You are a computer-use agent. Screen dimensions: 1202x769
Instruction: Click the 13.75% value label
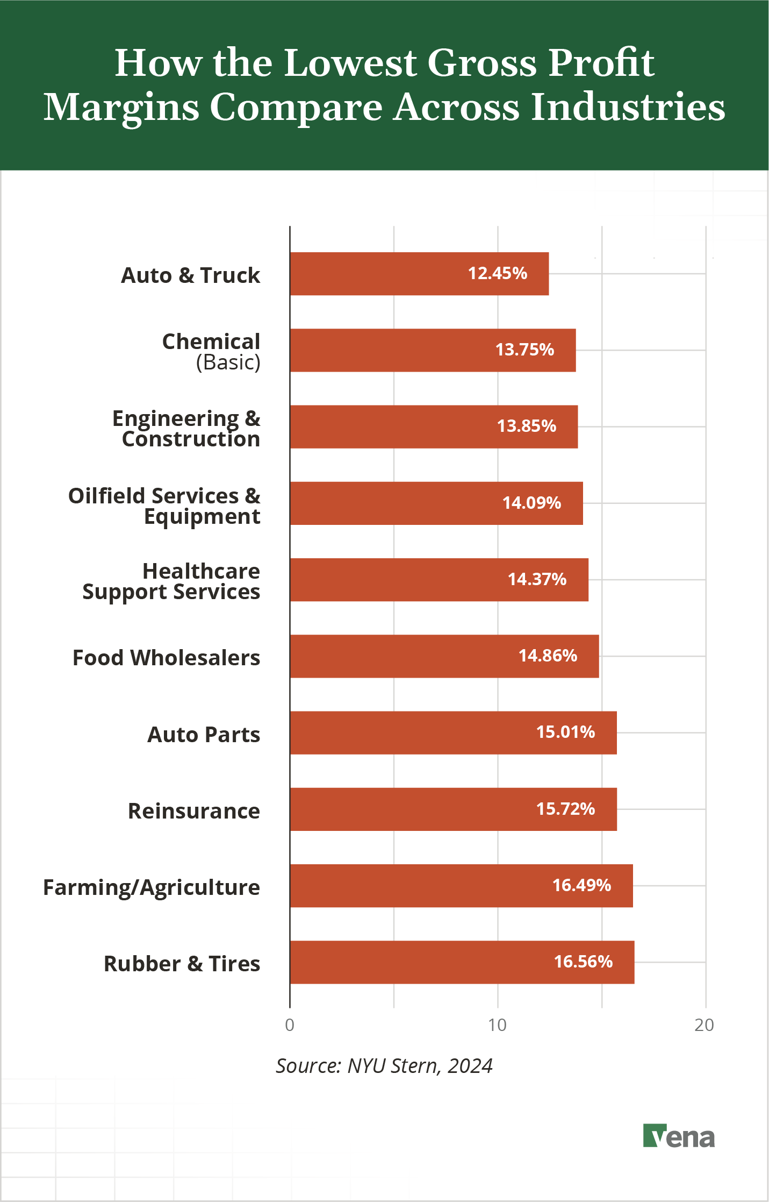pyautogui.click(x=524, y=350)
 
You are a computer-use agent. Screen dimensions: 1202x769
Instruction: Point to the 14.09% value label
pyautogui.click(x=531, y=503)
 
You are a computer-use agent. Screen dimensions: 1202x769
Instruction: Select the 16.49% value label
pyautogui.click(x=581, y=885)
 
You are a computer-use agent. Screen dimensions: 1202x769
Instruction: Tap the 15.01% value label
pyautogui.click(x=565, y=732)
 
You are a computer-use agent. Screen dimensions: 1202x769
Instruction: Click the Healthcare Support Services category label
pyautogui.click(x=171, y=581)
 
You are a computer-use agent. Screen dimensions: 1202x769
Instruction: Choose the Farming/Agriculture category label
pyautogui.click(x=152, y=887)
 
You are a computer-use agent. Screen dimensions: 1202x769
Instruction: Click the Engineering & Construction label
pyautogui.click(x=186, y=429)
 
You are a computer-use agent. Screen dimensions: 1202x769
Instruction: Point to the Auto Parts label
pyautogui.click(x=204, y=735)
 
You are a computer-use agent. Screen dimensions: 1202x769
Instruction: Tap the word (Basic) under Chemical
pyautogui.click(x=228, y=362)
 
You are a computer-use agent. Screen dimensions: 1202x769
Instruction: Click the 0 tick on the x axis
pyautogui.click(x=290, y=1025)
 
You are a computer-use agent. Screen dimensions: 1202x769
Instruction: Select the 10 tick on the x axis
pyautogui.click(x=498, y=1025)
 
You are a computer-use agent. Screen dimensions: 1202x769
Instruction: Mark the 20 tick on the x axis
pyautogui.click(x=705, y=1025)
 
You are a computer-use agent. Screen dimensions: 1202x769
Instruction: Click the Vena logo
pyautogui.click(x=679, y=1136)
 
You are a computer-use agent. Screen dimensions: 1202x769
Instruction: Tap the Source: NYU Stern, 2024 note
pyautogui.click(x=384, y=1065)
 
